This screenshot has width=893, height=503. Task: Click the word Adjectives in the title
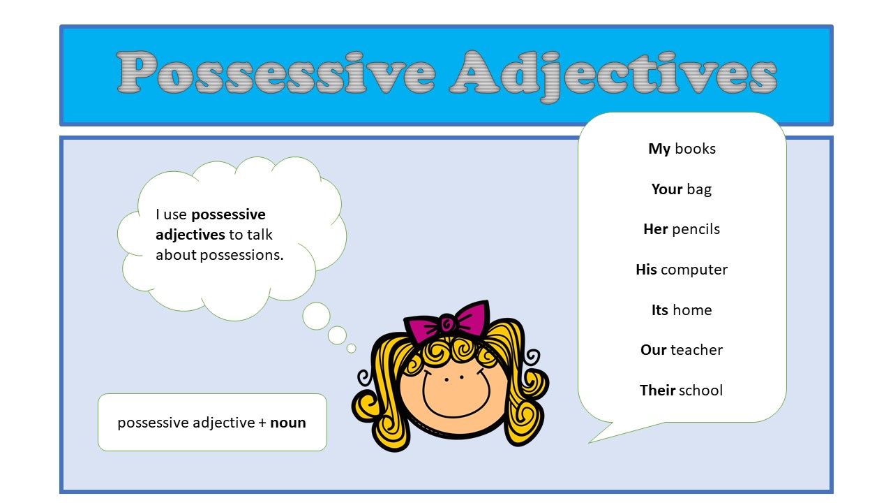click(613, 75)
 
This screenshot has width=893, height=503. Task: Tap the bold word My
click(659, 149)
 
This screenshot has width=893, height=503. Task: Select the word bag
click(699, 189)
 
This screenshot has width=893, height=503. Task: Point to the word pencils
click(696, 229)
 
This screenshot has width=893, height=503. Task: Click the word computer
click(694, 270)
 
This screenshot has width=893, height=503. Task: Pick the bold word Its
click(660, 309)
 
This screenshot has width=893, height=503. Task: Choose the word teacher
click(696, 350)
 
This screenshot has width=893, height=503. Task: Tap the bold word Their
click(658, 390)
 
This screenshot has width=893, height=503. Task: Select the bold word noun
click(288, 423)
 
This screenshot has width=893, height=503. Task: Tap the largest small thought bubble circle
click(316, 316)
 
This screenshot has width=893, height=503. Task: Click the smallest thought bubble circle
click(351, 348)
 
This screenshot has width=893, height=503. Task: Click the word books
click(695, 149)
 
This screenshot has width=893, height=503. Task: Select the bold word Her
click(656, 229)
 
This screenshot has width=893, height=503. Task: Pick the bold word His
click(646, 270)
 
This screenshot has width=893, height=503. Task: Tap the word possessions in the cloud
click(241, 255)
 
